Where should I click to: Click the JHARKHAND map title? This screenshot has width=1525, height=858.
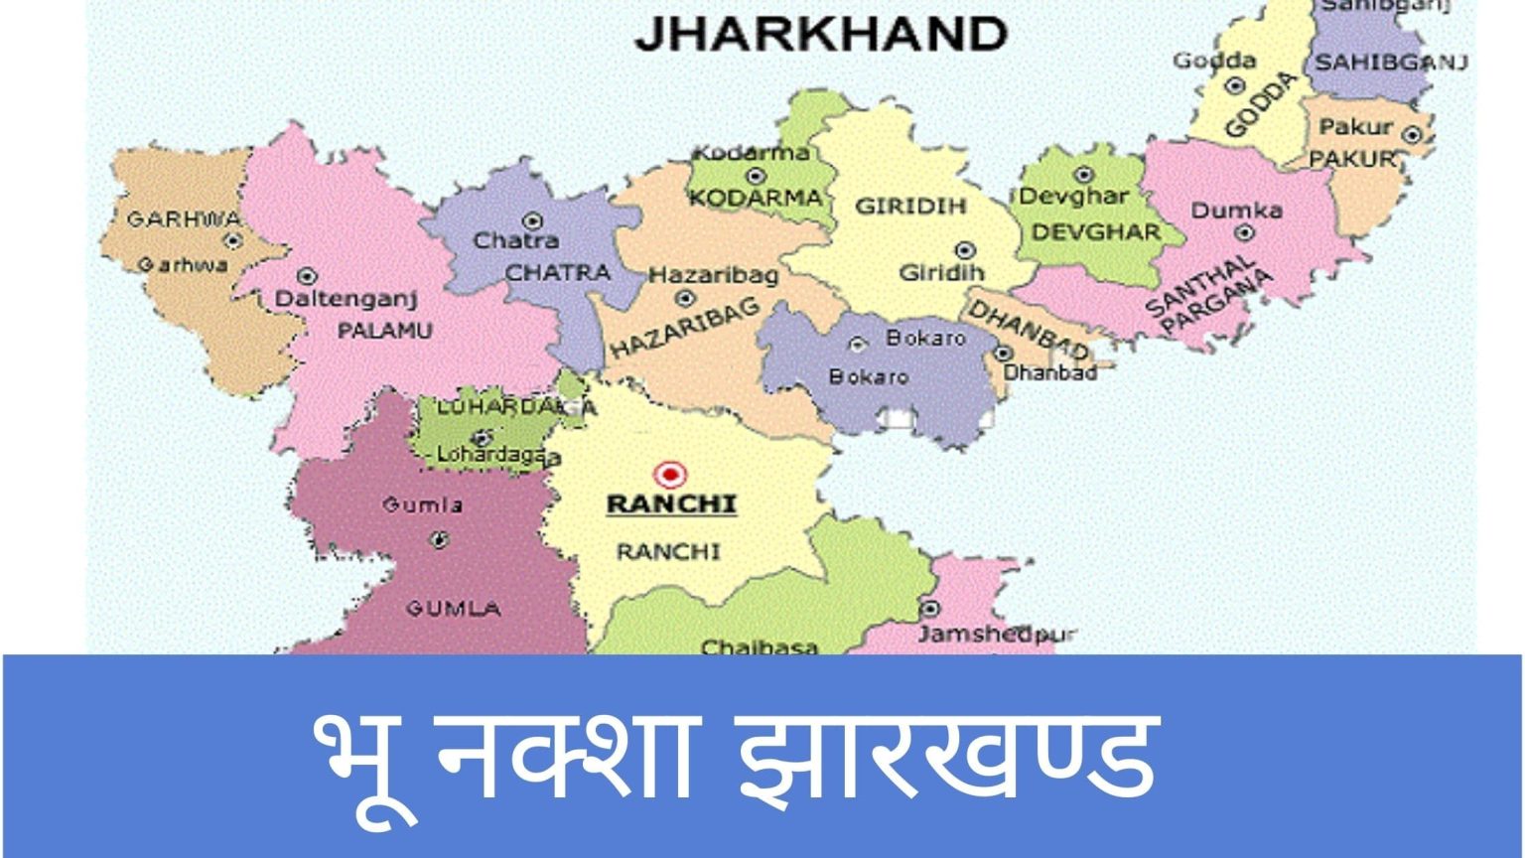pos(820,36)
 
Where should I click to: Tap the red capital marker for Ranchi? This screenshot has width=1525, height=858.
pos(671,475)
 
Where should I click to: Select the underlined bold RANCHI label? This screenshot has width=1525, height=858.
pos(671,504)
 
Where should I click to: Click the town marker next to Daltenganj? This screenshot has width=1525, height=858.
pos(307,275)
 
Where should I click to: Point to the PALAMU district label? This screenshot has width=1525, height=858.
pos(384,331)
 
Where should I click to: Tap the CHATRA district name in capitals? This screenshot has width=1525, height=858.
pos(557,271)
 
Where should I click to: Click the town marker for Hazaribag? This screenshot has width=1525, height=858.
pos(684,298)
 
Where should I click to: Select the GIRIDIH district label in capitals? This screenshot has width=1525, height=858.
pos(910,207)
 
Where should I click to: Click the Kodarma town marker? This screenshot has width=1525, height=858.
pos(756,176)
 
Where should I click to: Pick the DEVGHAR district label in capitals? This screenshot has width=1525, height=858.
pos(1095,232)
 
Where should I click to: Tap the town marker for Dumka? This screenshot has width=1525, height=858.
pos(1244,234)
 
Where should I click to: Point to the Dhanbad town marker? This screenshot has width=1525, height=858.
pos(1004,353)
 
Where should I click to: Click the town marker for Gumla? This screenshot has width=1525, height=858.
pos(438,540)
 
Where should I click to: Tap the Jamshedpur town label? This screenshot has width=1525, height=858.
pos(996,634)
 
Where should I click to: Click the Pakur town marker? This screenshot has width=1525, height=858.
pos(1414,134)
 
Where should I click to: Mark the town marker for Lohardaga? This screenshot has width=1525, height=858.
pos(483,437)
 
